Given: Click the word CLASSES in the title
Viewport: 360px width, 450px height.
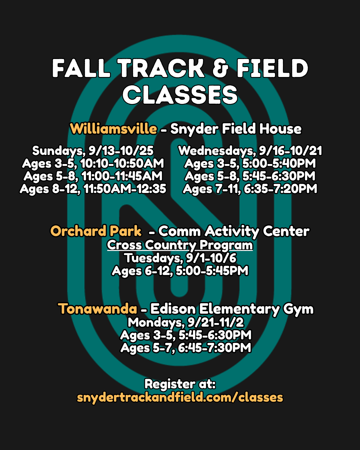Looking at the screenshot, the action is point(180,95).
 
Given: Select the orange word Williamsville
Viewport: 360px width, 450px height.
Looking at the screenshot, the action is point(113,129).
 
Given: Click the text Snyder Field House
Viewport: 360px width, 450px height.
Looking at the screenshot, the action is point(236,129).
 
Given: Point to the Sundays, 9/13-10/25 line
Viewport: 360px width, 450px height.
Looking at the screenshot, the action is point(93,151).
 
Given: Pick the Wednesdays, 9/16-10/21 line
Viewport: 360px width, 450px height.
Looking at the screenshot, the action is point(250,151).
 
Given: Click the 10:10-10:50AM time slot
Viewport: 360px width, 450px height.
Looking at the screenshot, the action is point(122,163).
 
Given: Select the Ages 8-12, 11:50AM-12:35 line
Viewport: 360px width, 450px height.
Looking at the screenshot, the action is point(93,189).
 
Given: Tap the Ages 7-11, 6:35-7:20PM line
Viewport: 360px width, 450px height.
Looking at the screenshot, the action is point(250,189).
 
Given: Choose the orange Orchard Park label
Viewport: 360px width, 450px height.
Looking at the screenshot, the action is point(96,231).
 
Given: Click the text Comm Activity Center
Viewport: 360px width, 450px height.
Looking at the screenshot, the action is point(234,231).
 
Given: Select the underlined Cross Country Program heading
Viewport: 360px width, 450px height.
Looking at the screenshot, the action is point(180,245).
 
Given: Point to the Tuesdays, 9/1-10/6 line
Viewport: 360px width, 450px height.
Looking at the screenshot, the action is point(180,258).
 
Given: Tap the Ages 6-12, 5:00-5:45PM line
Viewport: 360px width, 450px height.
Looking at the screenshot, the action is point(180,271).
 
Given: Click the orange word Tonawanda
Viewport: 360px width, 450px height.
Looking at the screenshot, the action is point(97,309).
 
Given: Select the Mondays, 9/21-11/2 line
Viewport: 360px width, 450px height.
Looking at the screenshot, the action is point(186,322).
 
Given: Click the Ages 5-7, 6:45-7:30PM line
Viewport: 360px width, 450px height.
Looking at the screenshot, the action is point(186,348).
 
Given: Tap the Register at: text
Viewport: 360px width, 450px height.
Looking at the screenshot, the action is point(180,384).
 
